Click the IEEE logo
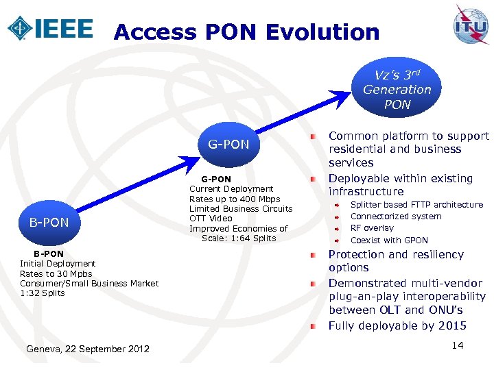(49, 28)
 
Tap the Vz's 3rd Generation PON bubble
(397, 90)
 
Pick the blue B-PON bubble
(48, 222)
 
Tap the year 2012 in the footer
(138, 349)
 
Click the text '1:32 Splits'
(43, 293)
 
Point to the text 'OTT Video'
(211, 219)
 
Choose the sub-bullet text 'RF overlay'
(372, 228)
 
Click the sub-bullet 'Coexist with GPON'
(389, 241)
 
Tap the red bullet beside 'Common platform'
(312, 137)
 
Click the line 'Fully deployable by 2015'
(397, 325)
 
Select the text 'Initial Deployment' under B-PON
(58, 264)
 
